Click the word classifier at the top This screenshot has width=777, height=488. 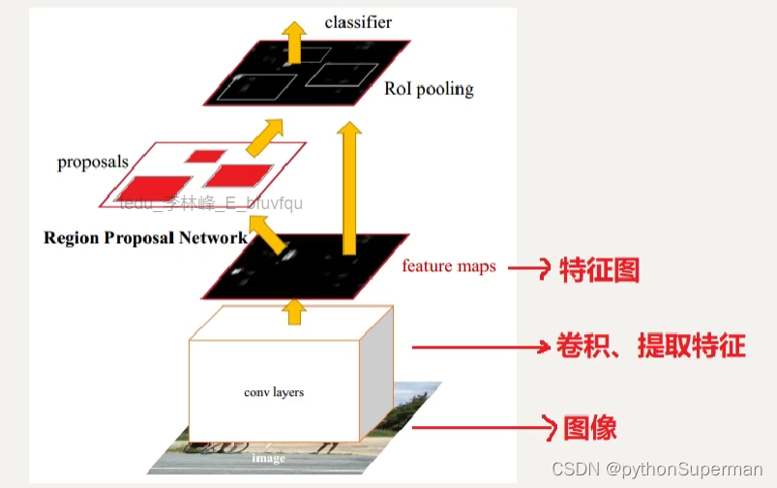358,21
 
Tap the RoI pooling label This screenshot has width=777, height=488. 429,89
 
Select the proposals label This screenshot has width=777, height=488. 93,162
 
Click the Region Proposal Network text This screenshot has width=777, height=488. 145,236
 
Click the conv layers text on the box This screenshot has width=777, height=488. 274,392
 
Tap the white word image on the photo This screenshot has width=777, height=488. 270,457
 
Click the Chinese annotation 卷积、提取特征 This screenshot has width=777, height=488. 650,346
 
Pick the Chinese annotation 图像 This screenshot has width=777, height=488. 590,427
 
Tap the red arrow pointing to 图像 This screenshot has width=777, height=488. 482,427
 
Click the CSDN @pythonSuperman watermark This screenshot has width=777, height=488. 656,468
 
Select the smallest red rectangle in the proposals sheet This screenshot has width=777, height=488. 205,156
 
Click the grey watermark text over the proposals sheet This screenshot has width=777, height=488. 211,202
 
